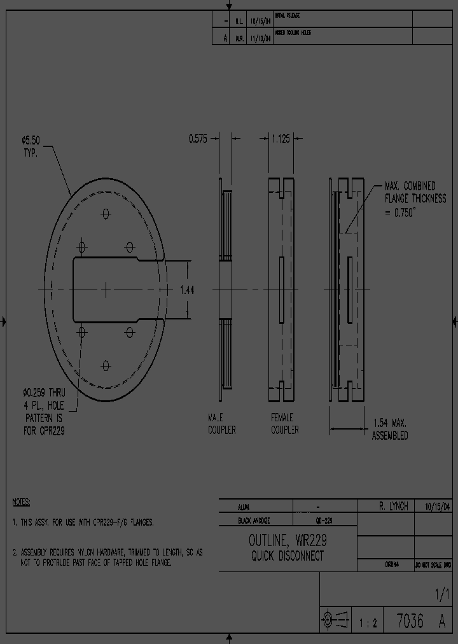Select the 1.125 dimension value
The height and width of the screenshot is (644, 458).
click(281, 139)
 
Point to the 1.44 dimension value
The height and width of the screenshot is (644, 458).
click(187, 290)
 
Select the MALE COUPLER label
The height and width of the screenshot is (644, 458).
click(221, 424)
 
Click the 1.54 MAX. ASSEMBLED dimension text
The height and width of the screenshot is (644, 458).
click(390, 430)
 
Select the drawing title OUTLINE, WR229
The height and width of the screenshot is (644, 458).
click(288, 541)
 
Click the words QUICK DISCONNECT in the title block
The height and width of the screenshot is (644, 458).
click(288, 556)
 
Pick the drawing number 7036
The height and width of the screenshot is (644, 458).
click(410, 621)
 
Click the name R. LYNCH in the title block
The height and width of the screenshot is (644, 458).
click(393, 507)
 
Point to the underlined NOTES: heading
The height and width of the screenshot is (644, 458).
click(22, 502)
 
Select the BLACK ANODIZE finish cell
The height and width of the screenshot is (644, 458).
click(254, 521)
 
